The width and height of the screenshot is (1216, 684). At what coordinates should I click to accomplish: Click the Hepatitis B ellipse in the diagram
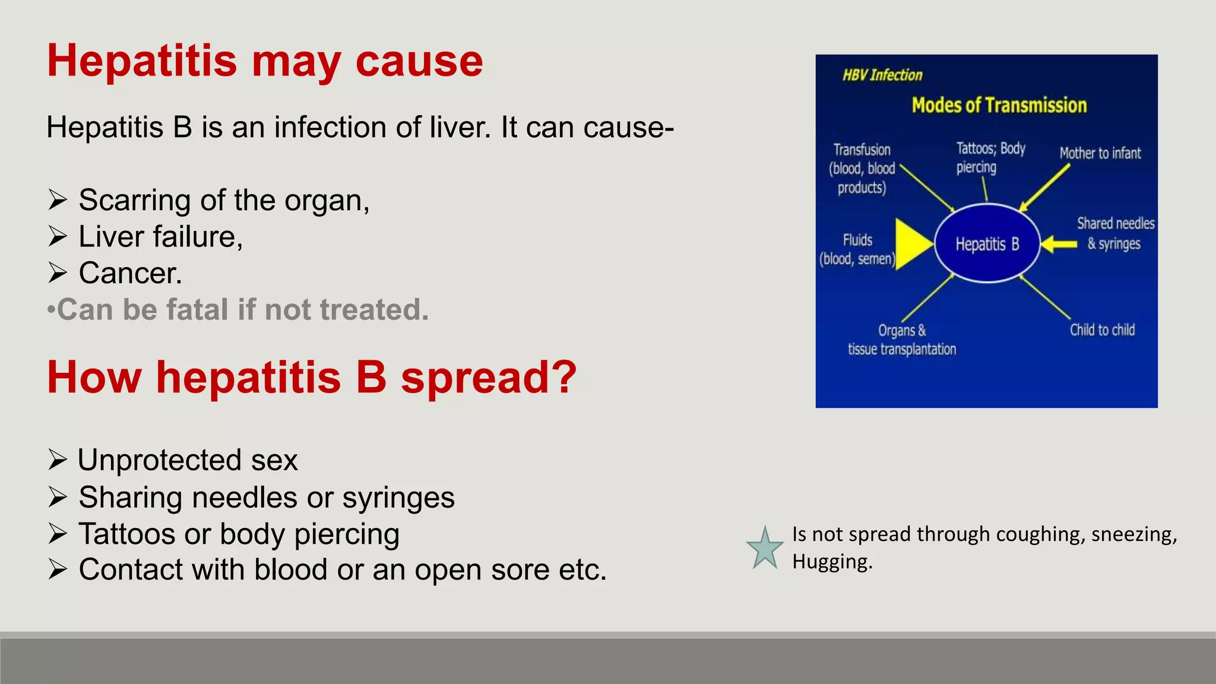click(x=987, y=244)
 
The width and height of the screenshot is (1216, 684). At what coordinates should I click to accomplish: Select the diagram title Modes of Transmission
click(x=999, y=105)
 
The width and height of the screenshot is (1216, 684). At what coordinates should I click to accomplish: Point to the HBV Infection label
click(x=882, y=75)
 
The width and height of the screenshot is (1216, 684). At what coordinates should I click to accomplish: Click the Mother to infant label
click(x=1100, y=153)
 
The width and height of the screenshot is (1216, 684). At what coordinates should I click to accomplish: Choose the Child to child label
click(x=1102, y=330)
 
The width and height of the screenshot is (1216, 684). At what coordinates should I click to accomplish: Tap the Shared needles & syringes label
click(x=1115, y=233)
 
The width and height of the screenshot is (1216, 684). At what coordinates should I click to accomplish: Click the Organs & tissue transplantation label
click(x=902, y=340)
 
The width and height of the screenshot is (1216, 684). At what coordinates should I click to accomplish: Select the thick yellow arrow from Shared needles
click(x=1059, y=244)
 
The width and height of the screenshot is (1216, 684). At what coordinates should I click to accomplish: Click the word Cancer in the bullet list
click(x=129, y=273)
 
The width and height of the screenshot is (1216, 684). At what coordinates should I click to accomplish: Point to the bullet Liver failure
click(x=160, y=236)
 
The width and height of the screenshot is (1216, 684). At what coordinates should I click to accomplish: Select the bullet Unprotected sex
click(x=187, y=460)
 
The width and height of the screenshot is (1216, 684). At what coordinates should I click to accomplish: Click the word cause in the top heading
click(x=419, y=61)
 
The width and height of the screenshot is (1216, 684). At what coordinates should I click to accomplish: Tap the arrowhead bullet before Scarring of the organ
click(x=58, y=200)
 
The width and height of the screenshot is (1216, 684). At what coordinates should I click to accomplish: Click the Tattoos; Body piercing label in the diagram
click(x=990, y=157)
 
